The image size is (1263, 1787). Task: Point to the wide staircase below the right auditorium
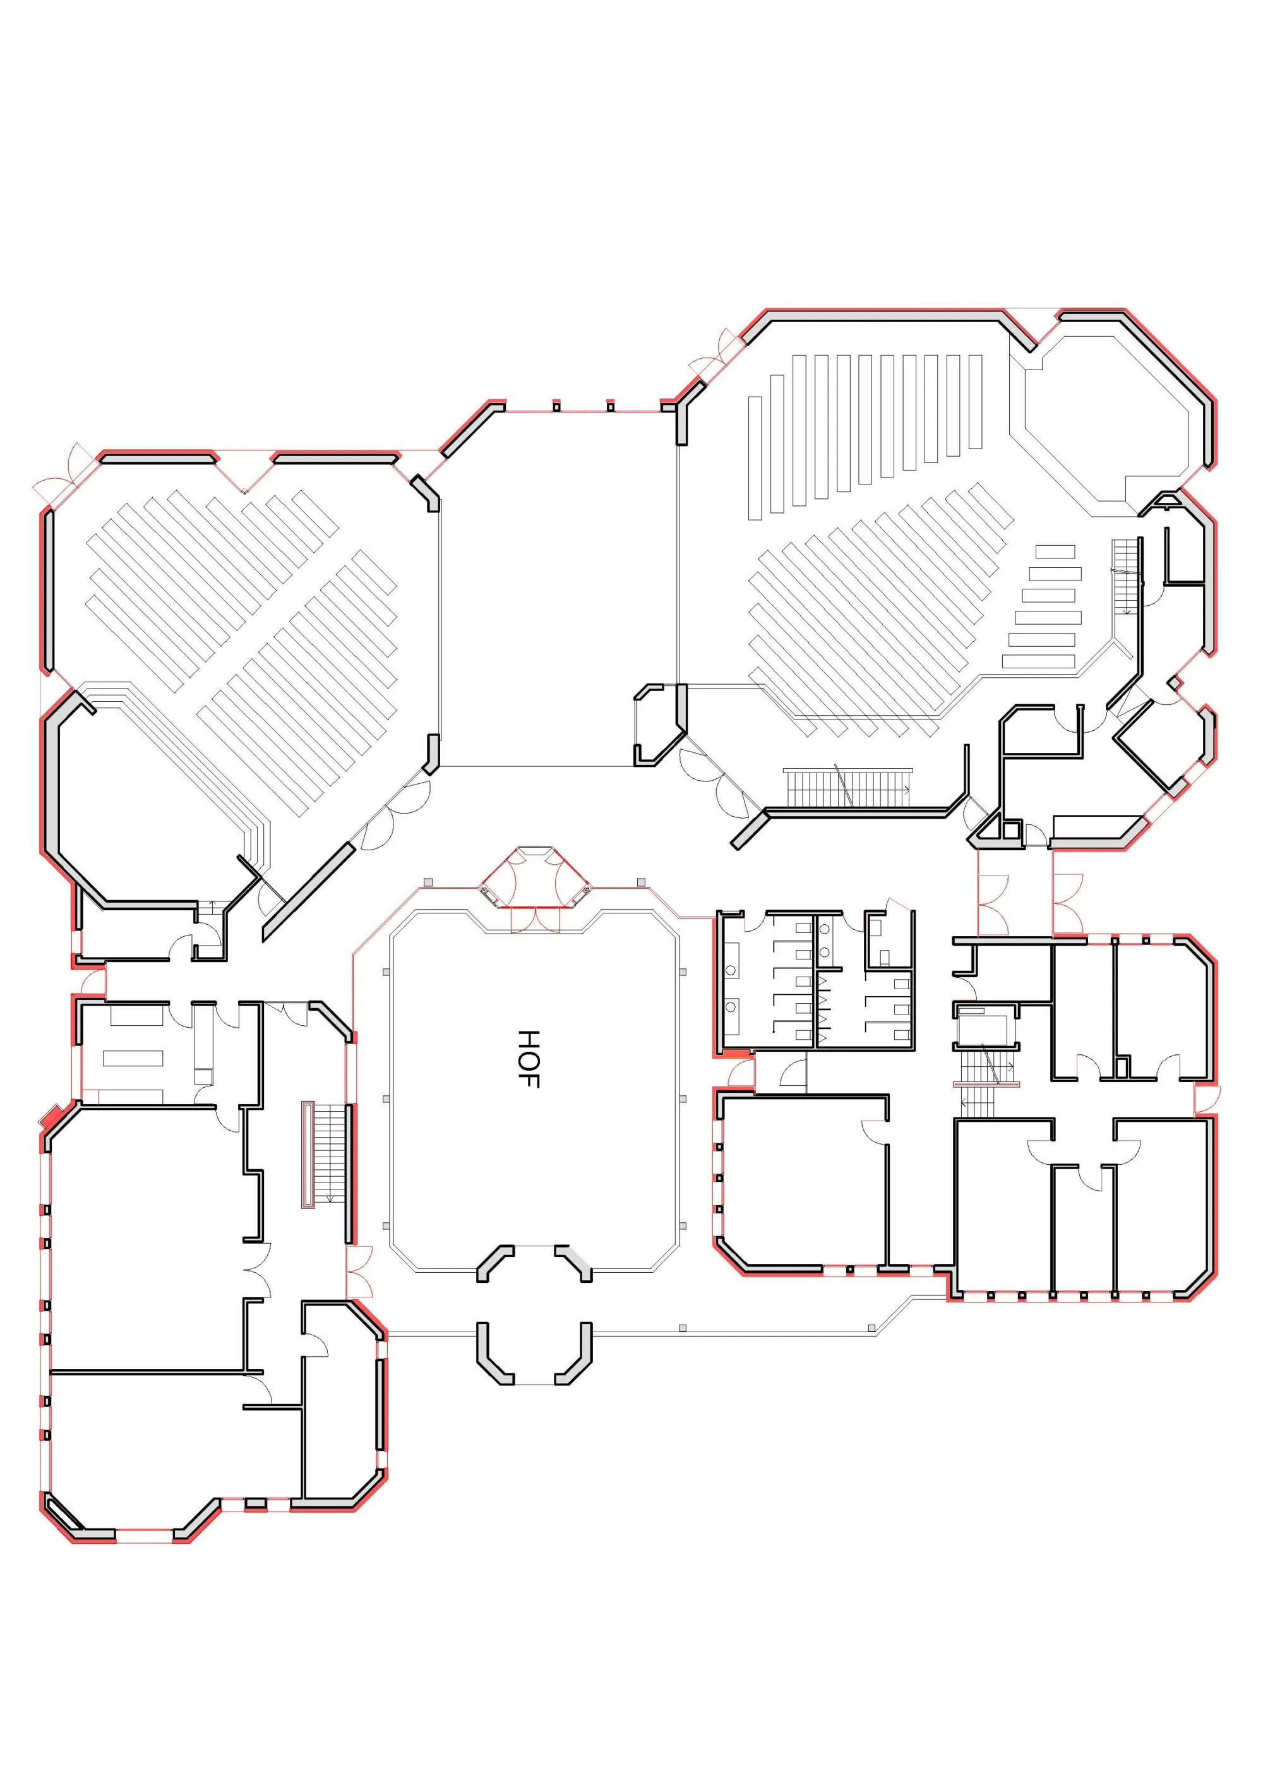coord(847,788)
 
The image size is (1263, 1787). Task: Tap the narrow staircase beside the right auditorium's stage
coord(1125,576)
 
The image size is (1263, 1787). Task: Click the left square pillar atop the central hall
coord(556,406)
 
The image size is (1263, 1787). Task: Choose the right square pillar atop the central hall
coord(610,406)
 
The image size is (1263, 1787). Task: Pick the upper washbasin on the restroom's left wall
coord(731,970)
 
